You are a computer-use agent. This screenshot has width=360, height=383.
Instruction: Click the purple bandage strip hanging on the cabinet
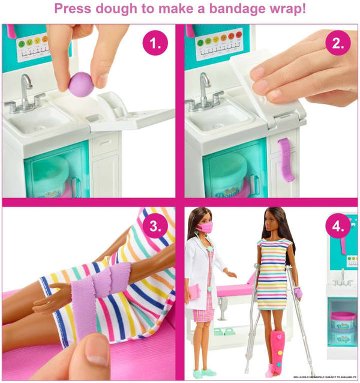[286, 160]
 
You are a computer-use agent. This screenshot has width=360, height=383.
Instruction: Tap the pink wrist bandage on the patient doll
[298, 294]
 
